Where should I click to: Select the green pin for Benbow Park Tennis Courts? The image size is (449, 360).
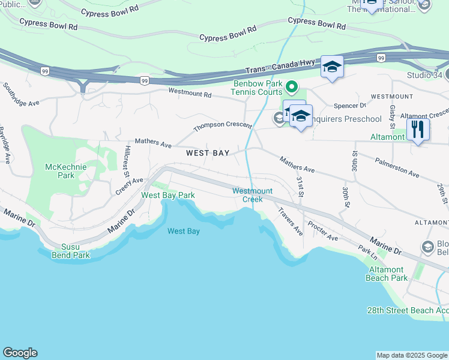(292, 88)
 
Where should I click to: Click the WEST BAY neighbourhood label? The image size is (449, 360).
(208, 153)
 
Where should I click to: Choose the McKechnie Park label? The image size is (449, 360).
(60, 171)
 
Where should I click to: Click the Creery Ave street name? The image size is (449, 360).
(130, 185)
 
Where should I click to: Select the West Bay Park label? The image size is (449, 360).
(168, 195)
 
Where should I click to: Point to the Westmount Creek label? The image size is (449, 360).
(253, 195)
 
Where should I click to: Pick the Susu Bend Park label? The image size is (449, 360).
(76, 251)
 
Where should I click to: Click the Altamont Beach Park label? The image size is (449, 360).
(387, 274)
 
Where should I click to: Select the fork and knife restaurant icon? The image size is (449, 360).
(418, 130)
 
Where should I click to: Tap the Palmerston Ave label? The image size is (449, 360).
(397, 167)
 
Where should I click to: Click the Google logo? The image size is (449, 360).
(20, 353)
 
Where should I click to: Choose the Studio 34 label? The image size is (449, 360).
(424, 76)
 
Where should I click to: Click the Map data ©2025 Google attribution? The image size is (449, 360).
(412, 355)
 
